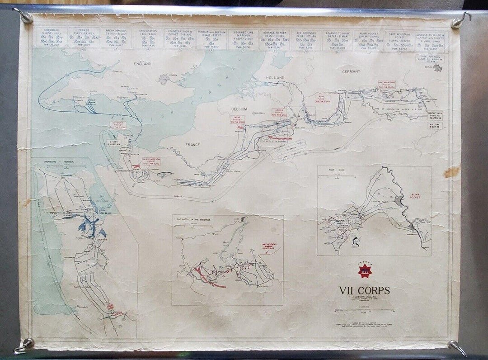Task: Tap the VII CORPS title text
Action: point(364,290)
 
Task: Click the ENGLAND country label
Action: point(144,64)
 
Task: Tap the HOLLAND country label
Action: point(275,78)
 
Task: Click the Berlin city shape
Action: point(437,68)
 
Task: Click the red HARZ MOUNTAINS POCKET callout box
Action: point(387,85)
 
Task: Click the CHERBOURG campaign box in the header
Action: point(50,38)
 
